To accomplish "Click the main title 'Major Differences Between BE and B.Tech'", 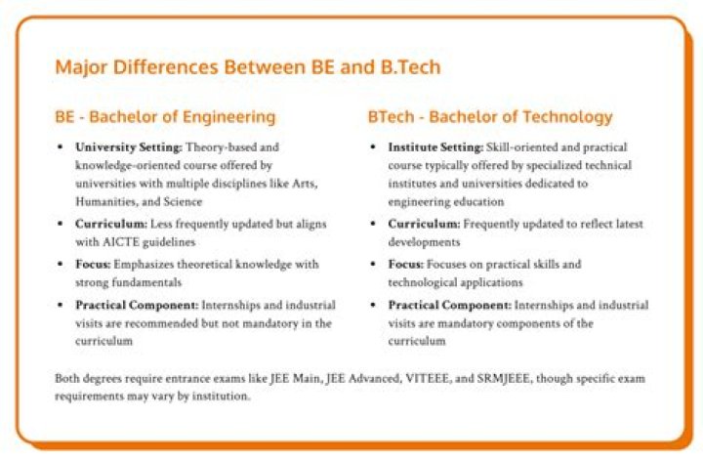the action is click(248, 67).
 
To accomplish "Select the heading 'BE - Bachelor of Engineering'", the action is click(165, 116).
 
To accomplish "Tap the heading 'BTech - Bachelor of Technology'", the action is click(490, 116).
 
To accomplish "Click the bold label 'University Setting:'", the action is click(129, 147).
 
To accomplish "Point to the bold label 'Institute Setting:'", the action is click(435, 147).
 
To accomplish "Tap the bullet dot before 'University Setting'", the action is click(61, 146).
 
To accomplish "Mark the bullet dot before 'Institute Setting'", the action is click(373, 146).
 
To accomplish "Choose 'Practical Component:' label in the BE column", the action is click(137, 306).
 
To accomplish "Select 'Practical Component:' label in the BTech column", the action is click(450, 306).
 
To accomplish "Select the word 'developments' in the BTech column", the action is click(424, 242).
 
